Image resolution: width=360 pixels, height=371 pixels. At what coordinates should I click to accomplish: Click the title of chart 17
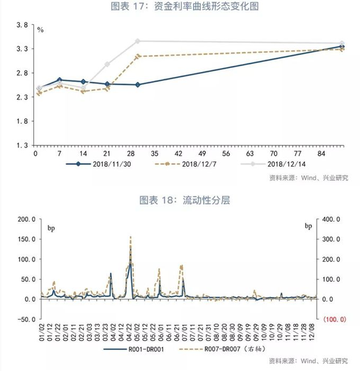click(180, 7)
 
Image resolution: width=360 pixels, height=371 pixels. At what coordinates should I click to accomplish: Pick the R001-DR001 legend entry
click(141, 349)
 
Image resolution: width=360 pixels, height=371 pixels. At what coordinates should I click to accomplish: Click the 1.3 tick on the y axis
click(22, 145)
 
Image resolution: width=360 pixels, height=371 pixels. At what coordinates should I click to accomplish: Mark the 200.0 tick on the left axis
click(22, 219)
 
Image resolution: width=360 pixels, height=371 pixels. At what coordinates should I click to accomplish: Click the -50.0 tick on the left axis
click(22, 319)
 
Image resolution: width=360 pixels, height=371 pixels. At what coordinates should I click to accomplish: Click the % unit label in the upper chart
click(41, 30)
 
